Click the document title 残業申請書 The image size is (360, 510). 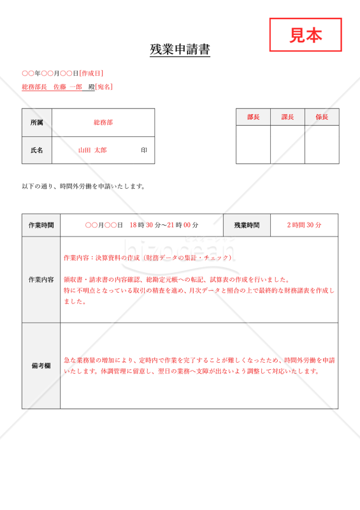(180, 50)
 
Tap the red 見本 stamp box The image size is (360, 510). (305, 35)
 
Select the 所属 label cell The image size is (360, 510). (37, 122)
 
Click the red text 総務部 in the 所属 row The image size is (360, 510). (103, 122)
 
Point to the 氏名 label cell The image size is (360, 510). (37, 150)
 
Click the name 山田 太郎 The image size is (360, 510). (92, 150)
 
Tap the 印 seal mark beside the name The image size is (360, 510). (144, 150)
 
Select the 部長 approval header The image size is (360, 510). (253, 117)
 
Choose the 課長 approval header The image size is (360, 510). (287, 117)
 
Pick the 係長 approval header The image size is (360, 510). (322, 117)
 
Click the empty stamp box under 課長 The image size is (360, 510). (287, 145)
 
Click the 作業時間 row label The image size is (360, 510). (41, 225)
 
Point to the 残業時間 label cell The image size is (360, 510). (247, 225)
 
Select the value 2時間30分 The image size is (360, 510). (304, 225)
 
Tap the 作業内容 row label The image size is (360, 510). (41, 280)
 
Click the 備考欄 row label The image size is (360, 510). (41, 366)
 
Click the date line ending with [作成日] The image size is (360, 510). (62, 74)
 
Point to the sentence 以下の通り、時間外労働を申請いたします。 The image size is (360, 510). (84, 187)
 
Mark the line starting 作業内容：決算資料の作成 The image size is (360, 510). (148, 258)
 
